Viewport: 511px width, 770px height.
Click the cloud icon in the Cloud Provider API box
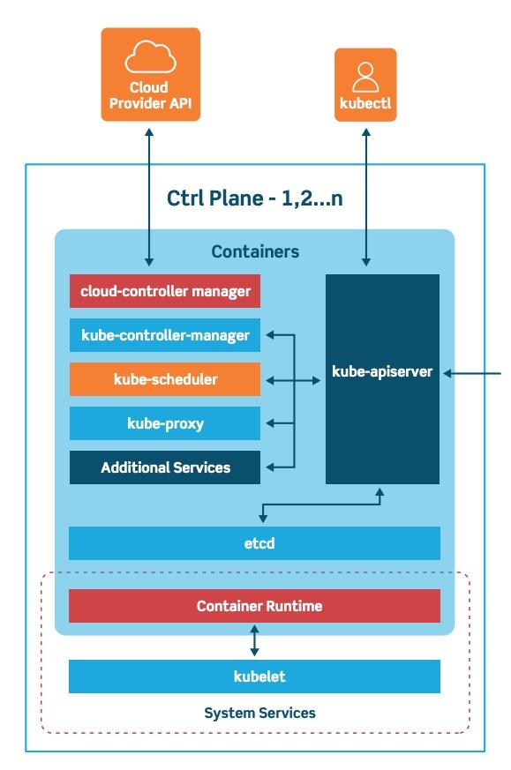coord(150,59)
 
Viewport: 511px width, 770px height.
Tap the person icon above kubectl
coord(365,77)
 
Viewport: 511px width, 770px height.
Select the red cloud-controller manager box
coord(165,291)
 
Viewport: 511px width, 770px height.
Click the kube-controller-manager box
coord(165,335)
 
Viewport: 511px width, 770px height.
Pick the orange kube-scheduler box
coord(165,379)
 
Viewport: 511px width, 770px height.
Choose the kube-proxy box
coord(165,423)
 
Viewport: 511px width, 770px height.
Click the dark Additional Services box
coord(165,467)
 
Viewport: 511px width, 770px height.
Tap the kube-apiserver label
coord(382,371)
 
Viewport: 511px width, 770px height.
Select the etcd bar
coord(254,543)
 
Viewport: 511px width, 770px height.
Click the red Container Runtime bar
coord(254,606)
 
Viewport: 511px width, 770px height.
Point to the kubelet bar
coord(254,677)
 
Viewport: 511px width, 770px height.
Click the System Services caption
coord(259,713)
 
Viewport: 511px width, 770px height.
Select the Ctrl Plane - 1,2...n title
coord(255,198)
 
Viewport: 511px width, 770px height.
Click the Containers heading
coord(255,252)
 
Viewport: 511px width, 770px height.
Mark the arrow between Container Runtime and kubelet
coord(254,640)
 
